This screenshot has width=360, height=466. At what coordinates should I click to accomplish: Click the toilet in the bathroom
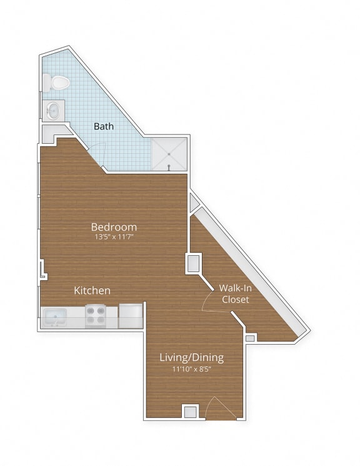coord(54,82)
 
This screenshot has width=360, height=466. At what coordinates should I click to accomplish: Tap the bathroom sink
coord(53,111)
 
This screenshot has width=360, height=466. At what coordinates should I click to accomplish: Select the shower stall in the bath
coord(169,153)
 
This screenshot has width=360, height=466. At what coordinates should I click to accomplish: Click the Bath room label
coord(104,126)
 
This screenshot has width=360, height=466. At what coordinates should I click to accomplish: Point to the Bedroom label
coord(114,226)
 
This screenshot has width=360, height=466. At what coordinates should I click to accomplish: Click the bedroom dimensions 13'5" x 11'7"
coord(114,238)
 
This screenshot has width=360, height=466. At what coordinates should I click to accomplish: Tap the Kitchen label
coord(92,290)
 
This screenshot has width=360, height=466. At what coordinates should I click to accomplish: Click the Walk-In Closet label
coord(235,294)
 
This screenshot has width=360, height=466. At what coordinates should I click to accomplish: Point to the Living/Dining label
coord(191,358)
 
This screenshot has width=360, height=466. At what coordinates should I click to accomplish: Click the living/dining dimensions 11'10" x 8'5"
coord(191,369)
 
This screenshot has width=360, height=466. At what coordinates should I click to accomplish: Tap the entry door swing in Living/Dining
coord(221,408)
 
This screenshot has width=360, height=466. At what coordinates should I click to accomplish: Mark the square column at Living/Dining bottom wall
coord(190,412)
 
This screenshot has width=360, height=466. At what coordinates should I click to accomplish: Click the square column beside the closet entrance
coord(193,263)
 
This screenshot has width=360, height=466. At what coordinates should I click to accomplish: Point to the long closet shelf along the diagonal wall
coord(250,269)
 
